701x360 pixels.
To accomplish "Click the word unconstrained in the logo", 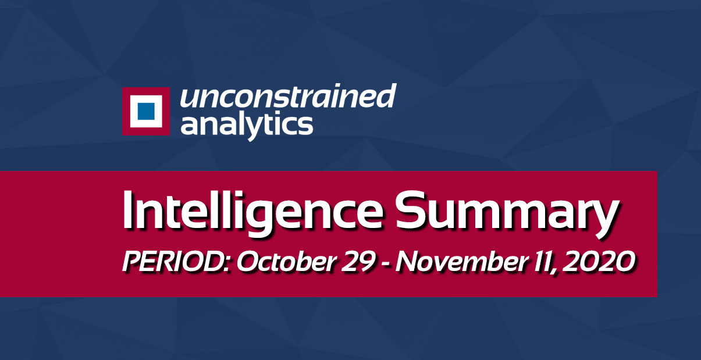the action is tap(288, 96).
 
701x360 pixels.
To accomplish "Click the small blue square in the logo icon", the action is tap(146, 111).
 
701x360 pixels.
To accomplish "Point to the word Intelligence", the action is tap(253, 213).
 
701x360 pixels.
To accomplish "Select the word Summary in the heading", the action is tap(507, 214).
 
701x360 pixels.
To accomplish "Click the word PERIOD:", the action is tap(177, 262).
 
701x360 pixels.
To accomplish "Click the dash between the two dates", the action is tap(386, 264).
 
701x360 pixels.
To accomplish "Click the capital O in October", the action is tap(248, 262).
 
